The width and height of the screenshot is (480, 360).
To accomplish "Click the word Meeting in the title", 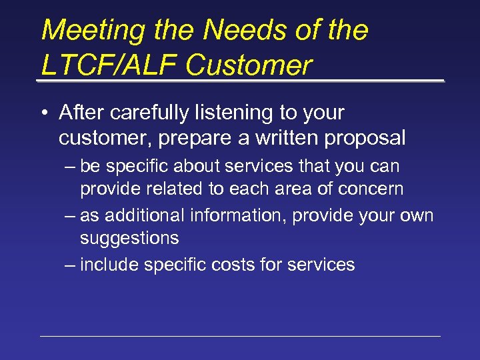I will tap(84, 31).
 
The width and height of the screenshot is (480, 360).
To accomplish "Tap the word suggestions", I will tap(129, 238).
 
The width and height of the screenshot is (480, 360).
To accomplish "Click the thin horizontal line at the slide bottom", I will tap(240, 336).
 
